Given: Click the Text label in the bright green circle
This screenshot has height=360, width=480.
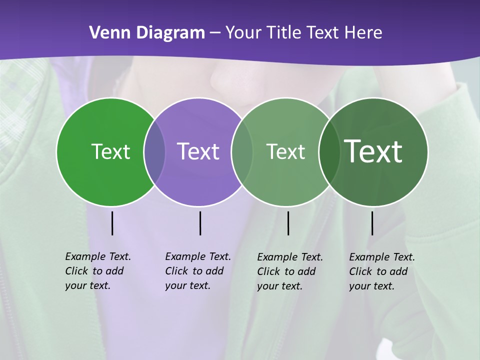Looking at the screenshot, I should pyautogui.click(x=110, y=151).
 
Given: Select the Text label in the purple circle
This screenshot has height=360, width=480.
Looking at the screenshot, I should pyautogui.click(x=198, y=151).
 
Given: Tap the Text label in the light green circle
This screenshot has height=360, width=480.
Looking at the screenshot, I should pyautogui.click(x=285, y=151).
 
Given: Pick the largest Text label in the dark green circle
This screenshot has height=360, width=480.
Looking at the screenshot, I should pyautogui.click(x=373, y=151).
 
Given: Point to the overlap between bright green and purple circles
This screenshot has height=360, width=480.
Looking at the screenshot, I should pyautogui.click(x=155, y=151).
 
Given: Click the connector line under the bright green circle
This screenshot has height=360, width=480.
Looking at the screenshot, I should pyautogui.click(x=112, y=223).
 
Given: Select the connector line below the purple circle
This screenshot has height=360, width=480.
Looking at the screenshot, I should pyautogui.click(x=200, y=223).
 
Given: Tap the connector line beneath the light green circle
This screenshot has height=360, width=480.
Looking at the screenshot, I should pyautogui.click(x=288, y=223).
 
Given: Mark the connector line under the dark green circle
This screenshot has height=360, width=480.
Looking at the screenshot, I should pyautogui.click(x=372, y=223).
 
